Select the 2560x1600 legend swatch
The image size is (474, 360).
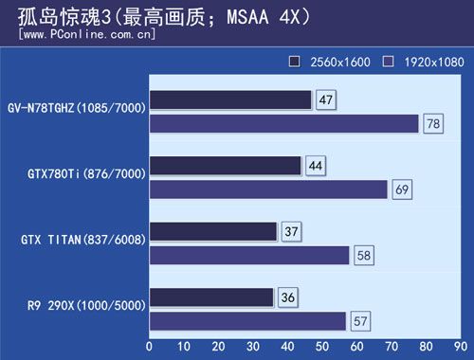point(295,62)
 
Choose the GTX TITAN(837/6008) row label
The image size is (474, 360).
point(82,240)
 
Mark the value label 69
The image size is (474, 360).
point(402,190)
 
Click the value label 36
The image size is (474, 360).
point(289,297)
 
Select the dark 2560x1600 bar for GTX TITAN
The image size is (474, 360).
point(213,231)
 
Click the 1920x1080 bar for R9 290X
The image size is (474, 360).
point(247,320)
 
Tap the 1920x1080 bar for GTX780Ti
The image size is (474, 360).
point(268,189)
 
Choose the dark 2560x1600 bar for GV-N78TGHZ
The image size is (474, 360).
point(230,99)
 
